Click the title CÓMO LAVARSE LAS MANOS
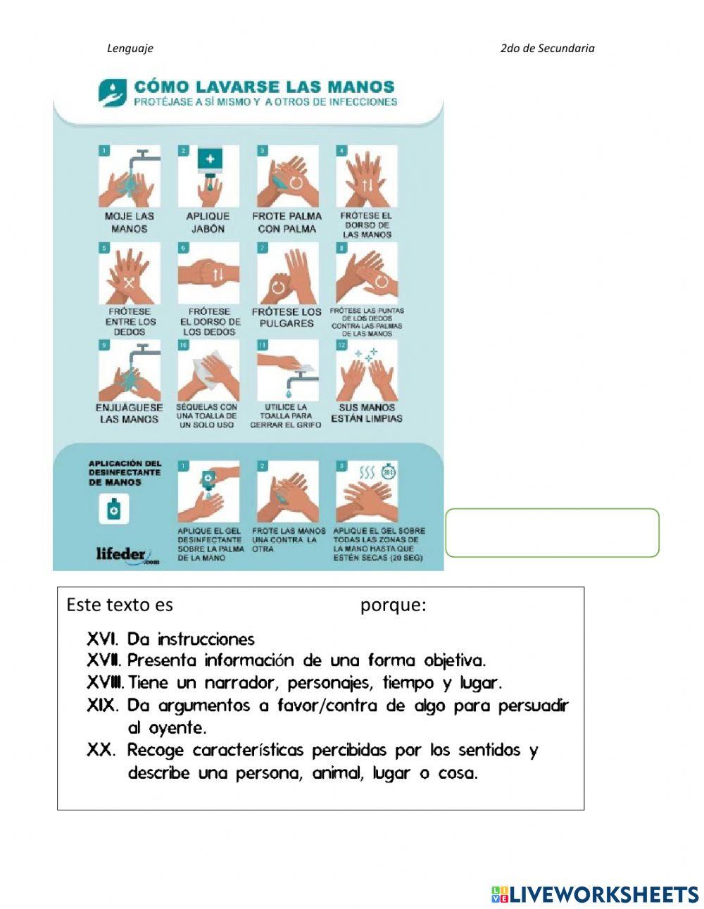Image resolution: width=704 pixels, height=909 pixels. tap(264, 87)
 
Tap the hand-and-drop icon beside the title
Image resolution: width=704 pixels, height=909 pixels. tap(113, 93)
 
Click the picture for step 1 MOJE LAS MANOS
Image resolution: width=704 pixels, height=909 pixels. tap(130, 176)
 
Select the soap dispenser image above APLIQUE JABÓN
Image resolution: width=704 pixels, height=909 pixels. tap(208, 176)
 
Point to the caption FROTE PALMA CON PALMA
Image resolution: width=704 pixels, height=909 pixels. tap(287, 222)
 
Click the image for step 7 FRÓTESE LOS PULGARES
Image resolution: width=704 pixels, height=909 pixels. tap(287, 273)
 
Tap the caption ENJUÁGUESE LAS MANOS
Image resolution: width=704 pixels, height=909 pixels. tap(129, 413)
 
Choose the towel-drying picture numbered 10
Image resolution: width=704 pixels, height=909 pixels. tap(208, 370)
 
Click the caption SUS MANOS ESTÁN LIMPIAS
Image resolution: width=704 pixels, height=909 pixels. tap(367, 413)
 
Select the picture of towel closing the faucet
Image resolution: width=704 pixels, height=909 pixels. tap(287, 370)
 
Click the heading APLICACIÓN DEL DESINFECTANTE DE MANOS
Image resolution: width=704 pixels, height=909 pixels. tap(115, 473)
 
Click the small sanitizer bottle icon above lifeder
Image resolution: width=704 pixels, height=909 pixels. tap(113, 510)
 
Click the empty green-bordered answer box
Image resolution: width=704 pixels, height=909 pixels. tap(552, 533)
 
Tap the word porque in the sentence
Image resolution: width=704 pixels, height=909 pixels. tap(393, 605)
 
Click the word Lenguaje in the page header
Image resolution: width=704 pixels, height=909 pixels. tap(130, 49)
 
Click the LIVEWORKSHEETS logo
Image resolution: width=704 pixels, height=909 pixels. tap(596, 894)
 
